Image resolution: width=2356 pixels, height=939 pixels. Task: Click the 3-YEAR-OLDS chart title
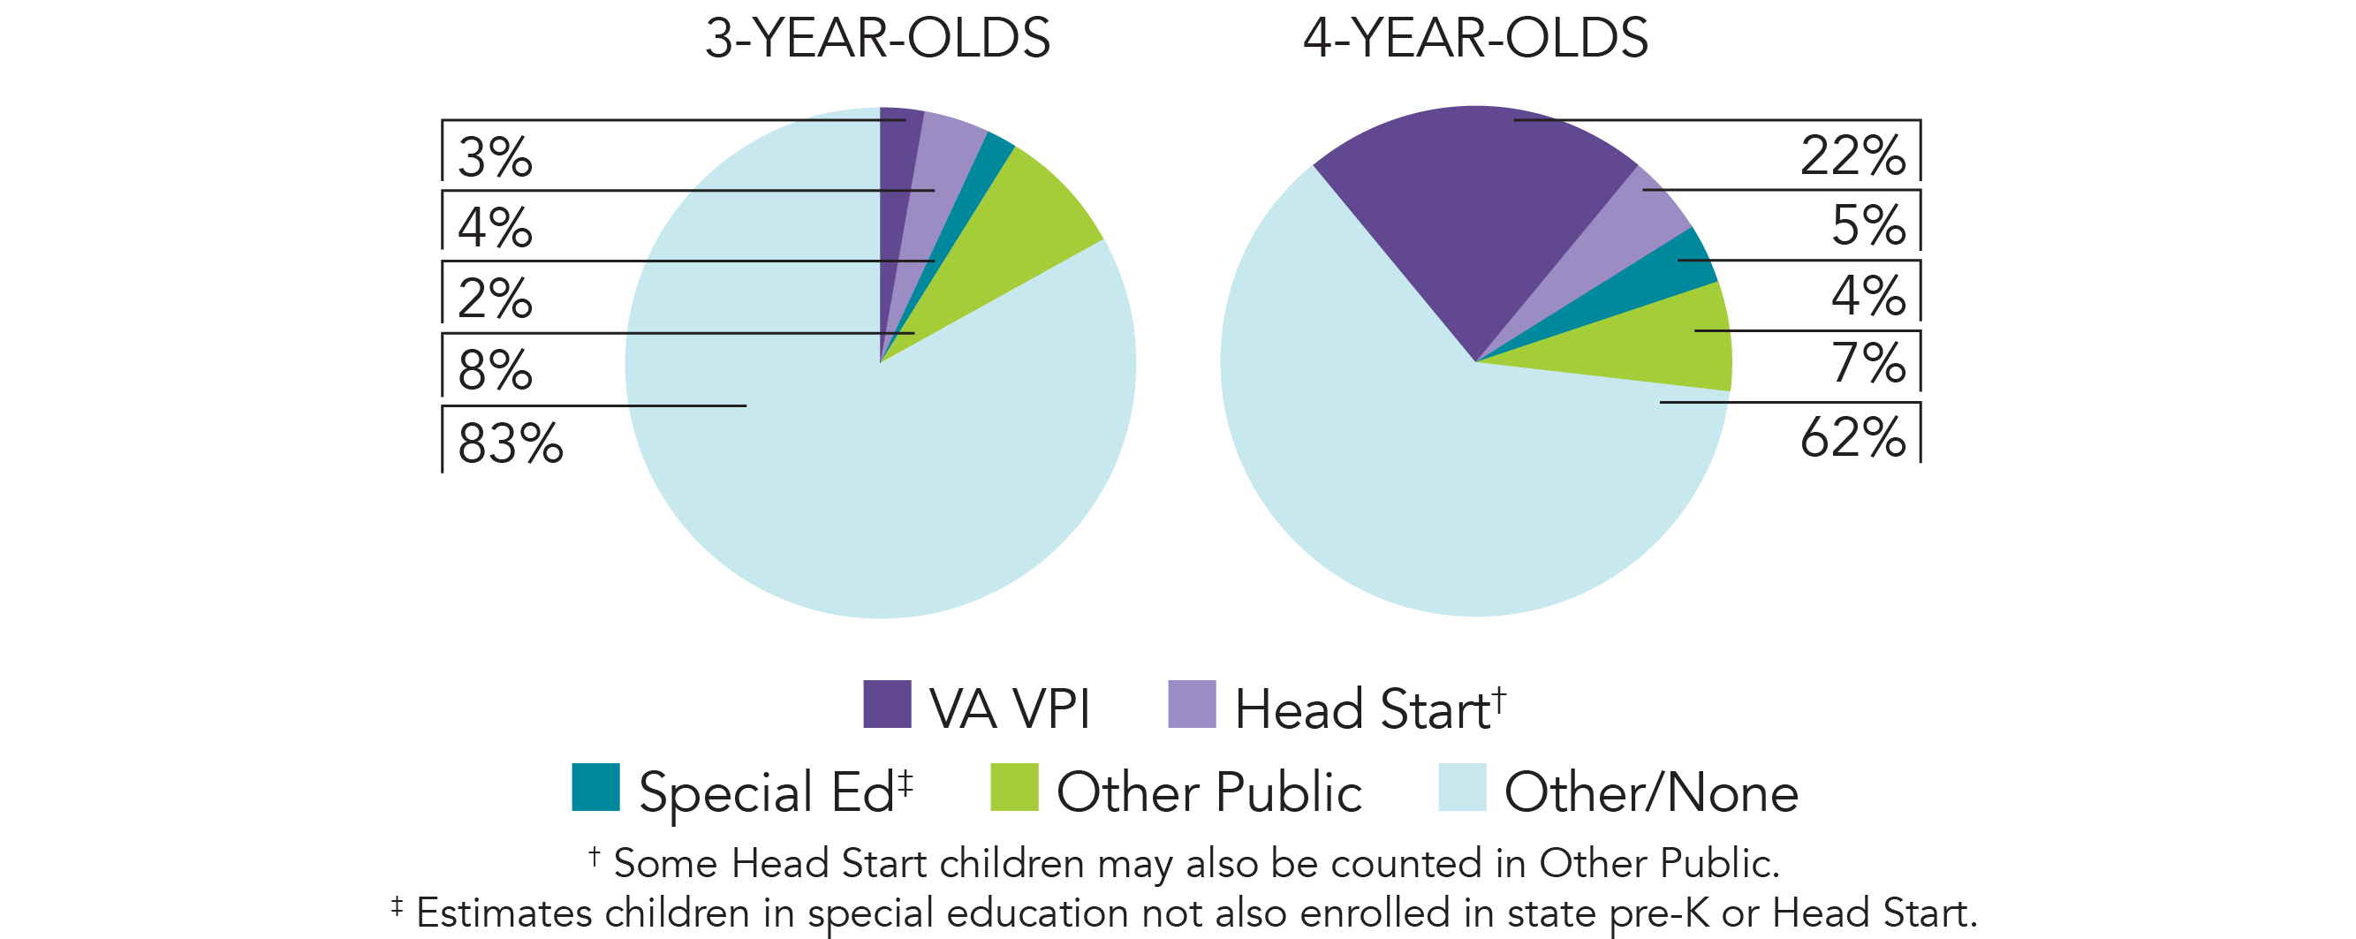pyautogui.click(x=877, y=38)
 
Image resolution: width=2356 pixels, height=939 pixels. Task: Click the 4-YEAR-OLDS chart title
pyautogui.click(x=1475, y=38)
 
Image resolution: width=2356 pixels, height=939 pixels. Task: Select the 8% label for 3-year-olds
pyautogui.click(x=495, y=370)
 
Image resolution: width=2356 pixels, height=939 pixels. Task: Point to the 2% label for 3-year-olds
pyautogui.click(x=495, y=298)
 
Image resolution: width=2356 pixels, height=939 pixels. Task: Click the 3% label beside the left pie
pyautogui.click(x=495, y=157)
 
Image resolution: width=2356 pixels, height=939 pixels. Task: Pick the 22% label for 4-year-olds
pyautogui.click(x=1852, y=155)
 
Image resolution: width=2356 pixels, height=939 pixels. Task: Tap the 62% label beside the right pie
pyautogui.click(x=1852, y=437)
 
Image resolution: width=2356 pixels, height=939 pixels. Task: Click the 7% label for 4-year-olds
pyautogui.click(x=1867, y=363)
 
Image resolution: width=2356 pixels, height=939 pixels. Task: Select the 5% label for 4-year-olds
pyautogui.click(x=1867, y=225)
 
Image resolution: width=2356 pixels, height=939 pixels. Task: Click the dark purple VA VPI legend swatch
pyautogui.click(x=886, y=704)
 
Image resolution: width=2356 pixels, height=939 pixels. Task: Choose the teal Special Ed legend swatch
pyautogui.click(x=595, y=787)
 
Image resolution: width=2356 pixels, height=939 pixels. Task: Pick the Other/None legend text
pyautogui.click(x=1651, y=791)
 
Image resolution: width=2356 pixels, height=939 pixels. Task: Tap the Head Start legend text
pyautogui.click(x=1363, y=709)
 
